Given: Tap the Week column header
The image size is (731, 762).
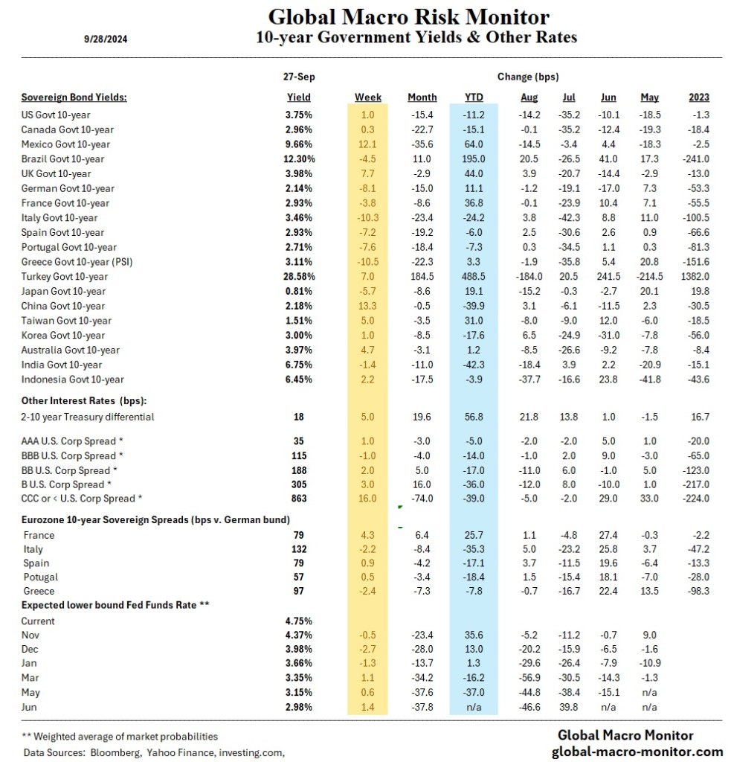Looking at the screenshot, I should tap(368, 97).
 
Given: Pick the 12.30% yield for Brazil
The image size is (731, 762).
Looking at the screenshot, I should tap(299, 159).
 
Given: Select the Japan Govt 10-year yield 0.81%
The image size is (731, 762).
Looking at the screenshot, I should tap(299, 291).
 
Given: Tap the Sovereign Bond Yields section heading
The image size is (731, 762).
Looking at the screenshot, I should tap(74, 97).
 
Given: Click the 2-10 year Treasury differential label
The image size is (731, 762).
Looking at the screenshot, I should tap(88, 417).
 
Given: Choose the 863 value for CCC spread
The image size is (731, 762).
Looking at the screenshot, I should tap(299, 499).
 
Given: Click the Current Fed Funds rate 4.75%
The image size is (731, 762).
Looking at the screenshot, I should tap(299, 620).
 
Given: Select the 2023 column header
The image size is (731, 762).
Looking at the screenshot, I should tap(699, 97).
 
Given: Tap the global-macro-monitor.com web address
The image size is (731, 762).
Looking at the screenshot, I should tap(637, 752).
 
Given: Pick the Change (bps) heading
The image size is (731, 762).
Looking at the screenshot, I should tap(527, 77).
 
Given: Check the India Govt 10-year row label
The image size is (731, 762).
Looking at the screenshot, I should tap(62, 364).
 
